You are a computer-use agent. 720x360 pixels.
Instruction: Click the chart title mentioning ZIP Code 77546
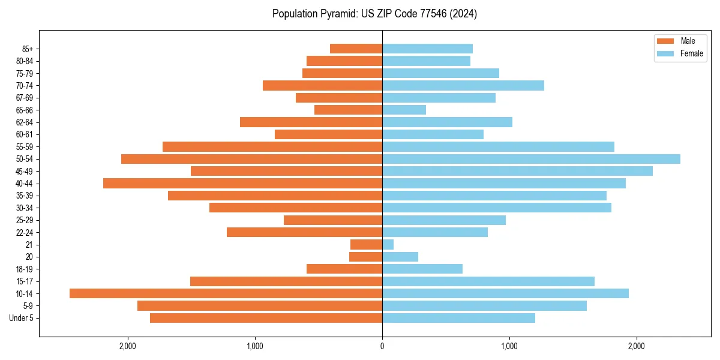tap(374, 14)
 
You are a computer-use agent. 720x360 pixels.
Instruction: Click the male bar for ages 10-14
tap(226, 293)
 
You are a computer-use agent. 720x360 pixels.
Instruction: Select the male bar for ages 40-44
tap(242, 183)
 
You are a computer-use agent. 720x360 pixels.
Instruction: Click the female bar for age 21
tap(388, 244)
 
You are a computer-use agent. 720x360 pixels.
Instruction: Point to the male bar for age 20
tap(365, 257)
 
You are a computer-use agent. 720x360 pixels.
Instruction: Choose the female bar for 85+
tap(427, 49)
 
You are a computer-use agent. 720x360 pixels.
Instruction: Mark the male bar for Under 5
tap(266, 318)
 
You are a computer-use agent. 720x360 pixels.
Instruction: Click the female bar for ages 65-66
tap(404, 110)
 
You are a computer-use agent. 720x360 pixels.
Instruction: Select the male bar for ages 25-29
tap(333, 220)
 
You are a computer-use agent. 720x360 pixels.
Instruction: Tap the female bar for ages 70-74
tap(463, 85)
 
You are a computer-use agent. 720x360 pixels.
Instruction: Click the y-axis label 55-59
tap(24, 146)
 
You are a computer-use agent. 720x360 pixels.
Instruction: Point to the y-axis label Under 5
tap(21, 318)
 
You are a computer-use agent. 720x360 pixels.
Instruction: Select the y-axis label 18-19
tap(24, 269)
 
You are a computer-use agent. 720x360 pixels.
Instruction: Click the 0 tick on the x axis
tap(382, 346)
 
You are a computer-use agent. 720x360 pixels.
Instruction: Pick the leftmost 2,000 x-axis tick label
tap(128, 346)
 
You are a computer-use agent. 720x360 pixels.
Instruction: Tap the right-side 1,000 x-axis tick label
tap(509, 346)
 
